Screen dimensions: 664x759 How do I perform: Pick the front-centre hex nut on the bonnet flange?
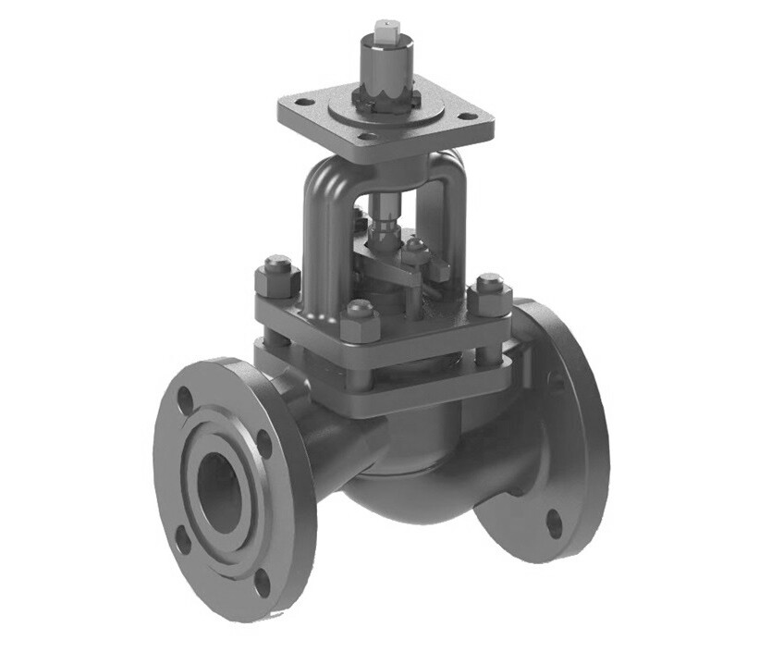point(359,320)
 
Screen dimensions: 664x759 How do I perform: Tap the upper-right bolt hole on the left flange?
point(263,442)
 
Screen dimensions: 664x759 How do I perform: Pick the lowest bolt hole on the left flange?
point(262,582)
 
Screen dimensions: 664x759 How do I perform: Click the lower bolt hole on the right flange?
point(553,523)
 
